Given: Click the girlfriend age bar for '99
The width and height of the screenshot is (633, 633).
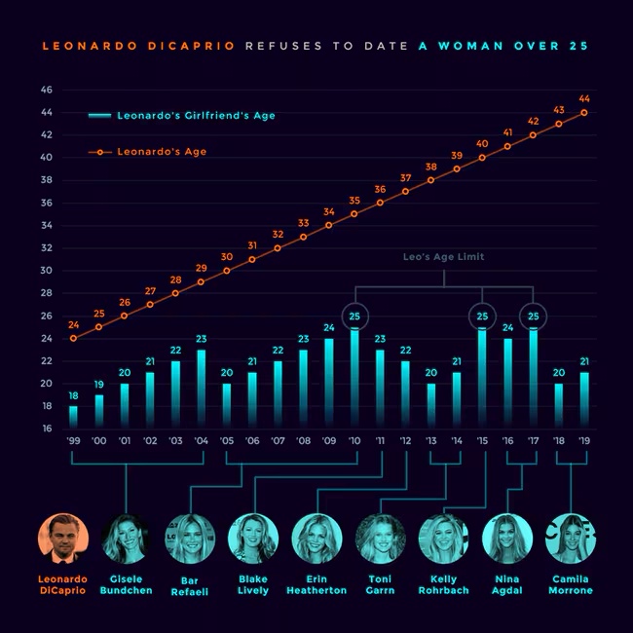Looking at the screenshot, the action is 73,417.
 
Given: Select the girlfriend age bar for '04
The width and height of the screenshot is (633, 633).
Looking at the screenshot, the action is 201,389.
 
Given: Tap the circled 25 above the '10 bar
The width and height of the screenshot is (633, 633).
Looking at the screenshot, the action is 354,316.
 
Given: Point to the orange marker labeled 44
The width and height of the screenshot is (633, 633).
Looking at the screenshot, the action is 583,113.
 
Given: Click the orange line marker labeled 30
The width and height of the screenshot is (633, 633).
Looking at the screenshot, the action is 227,271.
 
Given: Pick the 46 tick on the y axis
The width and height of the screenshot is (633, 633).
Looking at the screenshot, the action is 47,90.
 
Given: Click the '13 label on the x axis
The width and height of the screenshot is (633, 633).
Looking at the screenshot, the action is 430,441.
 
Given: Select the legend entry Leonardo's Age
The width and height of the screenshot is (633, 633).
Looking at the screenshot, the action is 147,152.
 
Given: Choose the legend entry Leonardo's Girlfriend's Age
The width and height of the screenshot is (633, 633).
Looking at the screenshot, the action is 182,116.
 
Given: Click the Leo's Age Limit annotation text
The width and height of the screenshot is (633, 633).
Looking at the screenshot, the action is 444,257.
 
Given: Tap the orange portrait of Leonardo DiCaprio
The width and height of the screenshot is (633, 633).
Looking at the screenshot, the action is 63,539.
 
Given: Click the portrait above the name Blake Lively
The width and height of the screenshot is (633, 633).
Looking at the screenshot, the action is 253,539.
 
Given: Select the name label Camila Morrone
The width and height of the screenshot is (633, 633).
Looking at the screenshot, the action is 571,584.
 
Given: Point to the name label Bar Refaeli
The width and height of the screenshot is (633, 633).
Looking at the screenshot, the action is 189,586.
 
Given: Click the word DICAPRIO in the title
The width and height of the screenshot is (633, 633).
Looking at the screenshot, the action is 191,46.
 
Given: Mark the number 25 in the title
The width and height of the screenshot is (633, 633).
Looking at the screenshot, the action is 578,46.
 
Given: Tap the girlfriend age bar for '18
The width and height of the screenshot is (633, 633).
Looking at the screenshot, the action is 559,406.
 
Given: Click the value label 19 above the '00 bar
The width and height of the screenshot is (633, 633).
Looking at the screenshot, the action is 99,385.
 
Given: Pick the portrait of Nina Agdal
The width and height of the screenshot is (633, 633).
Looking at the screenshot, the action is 507,539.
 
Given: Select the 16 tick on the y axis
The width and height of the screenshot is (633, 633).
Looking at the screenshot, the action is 48,428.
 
